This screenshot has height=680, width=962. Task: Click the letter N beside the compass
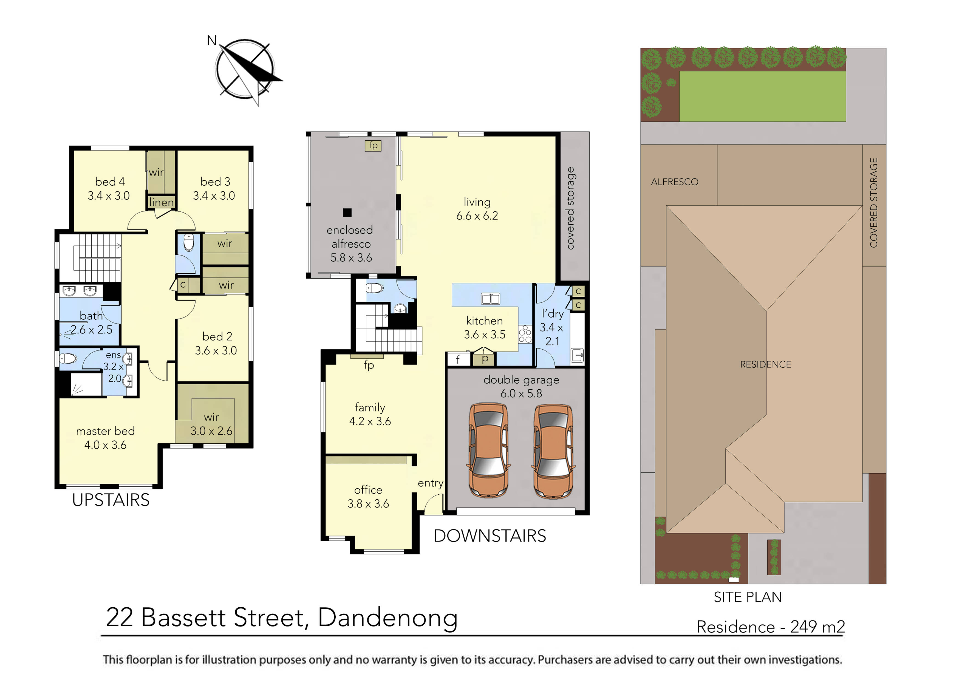(x=212, y=41)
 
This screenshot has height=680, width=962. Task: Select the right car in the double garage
(x=553, y=450)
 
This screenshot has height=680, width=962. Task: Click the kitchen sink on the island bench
(x=490, y=298)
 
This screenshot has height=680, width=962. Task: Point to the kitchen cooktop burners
(x=525, y=334)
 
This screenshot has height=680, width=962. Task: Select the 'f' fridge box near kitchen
(x=458, y=359)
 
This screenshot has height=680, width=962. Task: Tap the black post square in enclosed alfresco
(x=347, y=212)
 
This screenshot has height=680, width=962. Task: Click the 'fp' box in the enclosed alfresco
(x=373, y=145)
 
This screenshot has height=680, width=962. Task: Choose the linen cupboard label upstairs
(x=161, y=202)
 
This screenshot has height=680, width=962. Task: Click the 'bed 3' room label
(x=215, y=182)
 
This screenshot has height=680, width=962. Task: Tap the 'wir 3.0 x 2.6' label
(x=212, y=424)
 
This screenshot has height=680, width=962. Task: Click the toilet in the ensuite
(x=68, y=359)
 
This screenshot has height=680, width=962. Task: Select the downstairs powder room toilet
(x=375, y=288)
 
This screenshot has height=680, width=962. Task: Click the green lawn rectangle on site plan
(x=762, y=96)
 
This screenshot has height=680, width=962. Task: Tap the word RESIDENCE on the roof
(x=765, y=364)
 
